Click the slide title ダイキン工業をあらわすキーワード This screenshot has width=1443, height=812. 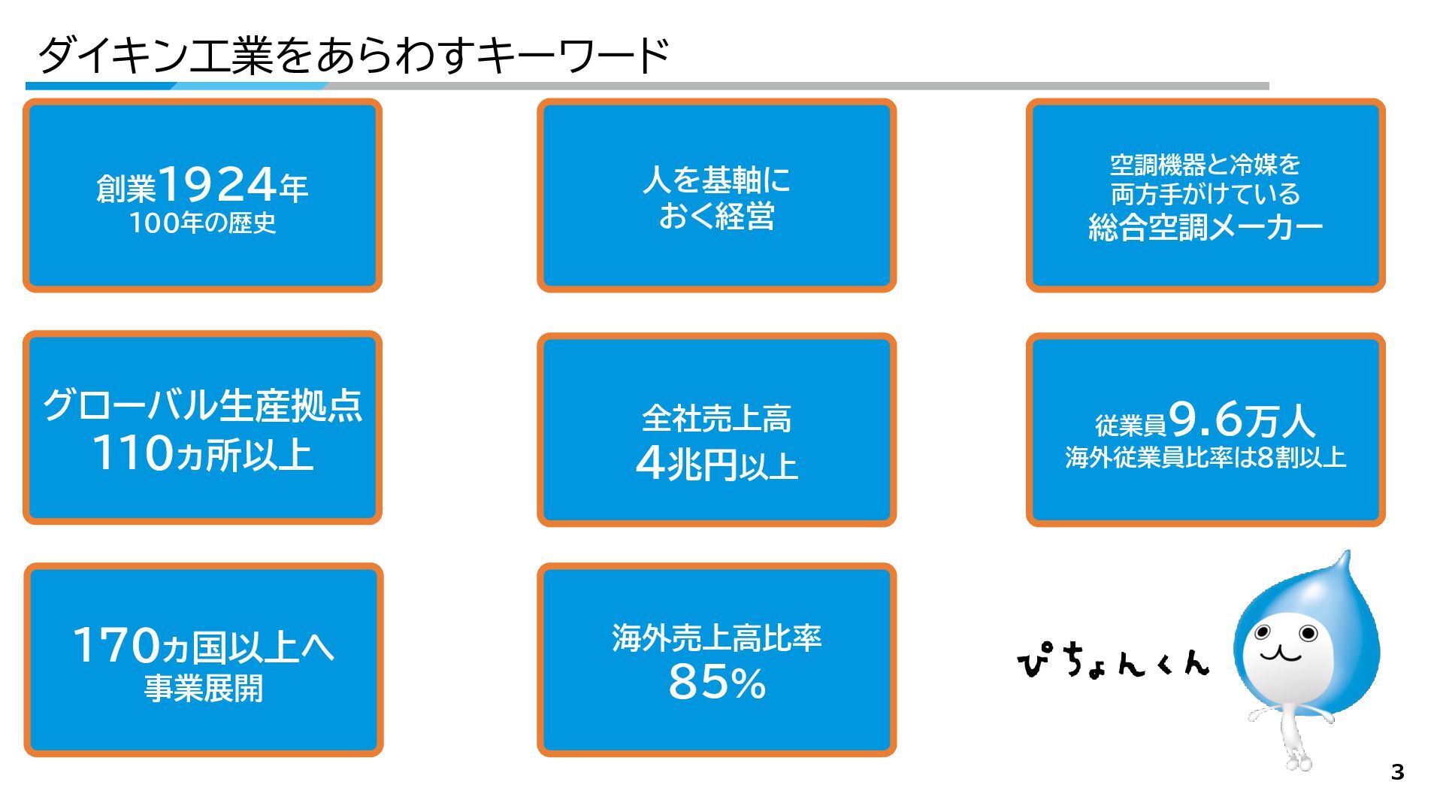point(352,55)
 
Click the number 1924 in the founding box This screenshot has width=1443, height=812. point(217,184)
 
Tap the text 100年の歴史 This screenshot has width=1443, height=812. point(202,223)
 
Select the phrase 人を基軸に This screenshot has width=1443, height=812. point(716,180)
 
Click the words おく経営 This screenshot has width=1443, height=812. point(716,217)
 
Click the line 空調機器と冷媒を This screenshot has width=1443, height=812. point(1205,164)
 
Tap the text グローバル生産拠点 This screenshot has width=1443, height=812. point(202,406)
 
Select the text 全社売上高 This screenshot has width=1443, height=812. point(716,419)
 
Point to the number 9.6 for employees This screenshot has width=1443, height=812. point(1206,419)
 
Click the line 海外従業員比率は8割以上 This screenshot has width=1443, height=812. point(1205,458)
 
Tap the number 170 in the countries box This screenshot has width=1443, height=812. point(116,646)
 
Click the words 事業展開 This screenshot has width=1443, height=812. point(203,689)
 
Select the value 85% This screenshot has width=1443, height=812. point(716,683)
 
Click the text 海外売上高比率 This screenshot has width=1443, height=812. point(716,638)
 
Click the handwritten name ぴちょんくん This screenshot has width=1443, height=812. point(1113,661)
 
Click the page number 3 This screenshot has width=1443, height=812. point(1397,772)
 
